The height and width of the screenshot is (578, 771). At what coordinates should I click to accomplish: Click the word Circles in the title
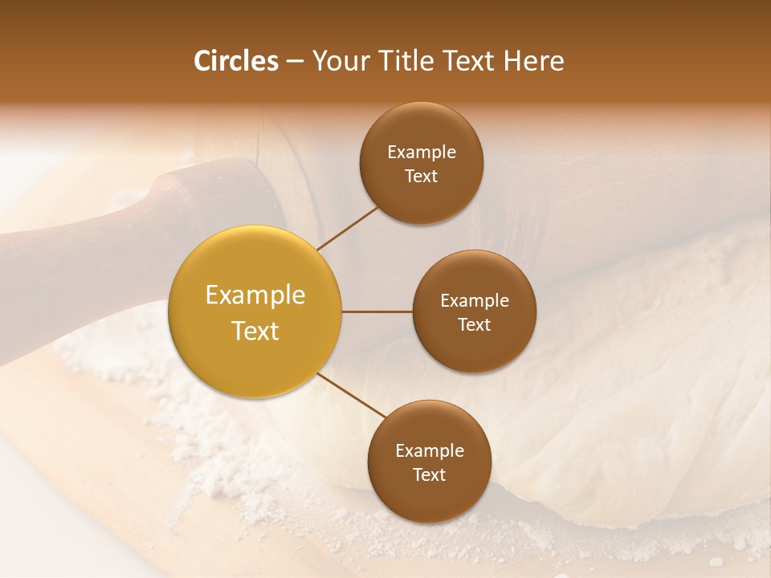pos(236,61)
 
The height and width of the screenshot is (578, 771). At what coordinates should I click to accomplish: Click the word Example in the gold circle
pos(255,295)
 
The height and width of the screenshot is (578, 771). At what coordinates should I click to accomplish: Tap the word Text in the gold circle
pos(255,331)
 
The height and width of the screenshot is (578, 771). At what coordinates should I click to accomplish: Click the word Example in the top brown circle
pos(422,153)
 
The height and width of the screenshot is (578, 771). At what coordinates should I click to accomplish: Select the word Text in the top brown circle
pos(422,176)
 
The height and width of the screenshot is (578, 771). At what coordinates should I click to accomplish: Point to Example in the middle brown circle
pos(475,301)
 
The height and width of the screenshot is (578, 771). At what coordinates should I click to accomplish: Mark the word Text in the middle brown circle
pos(475,324)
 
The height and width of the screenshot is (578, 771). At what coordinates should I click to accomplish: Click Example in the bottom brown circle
pos(430,451)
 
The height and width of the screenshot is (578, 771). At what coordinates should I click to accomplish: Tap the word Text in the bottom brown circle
pos(430,474)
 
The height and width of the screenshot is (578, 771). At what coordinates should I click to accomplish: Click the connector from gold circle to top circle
pos(348,229)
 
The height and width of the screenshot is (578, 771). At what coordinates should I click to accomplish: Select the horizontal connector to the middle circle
pos(377,311)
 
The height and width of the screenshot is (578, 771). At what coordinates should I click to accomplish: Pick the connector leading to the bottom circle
pos(352,395)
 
